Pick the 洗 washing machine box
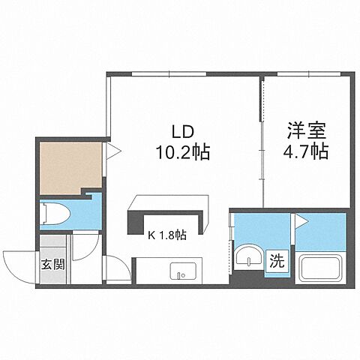[x=277, y=262]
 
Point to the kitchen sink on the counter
[x=181, y=271]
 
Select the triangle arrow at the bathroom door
[x=300, y=220]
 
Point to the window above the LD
[x=169, y=74]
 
